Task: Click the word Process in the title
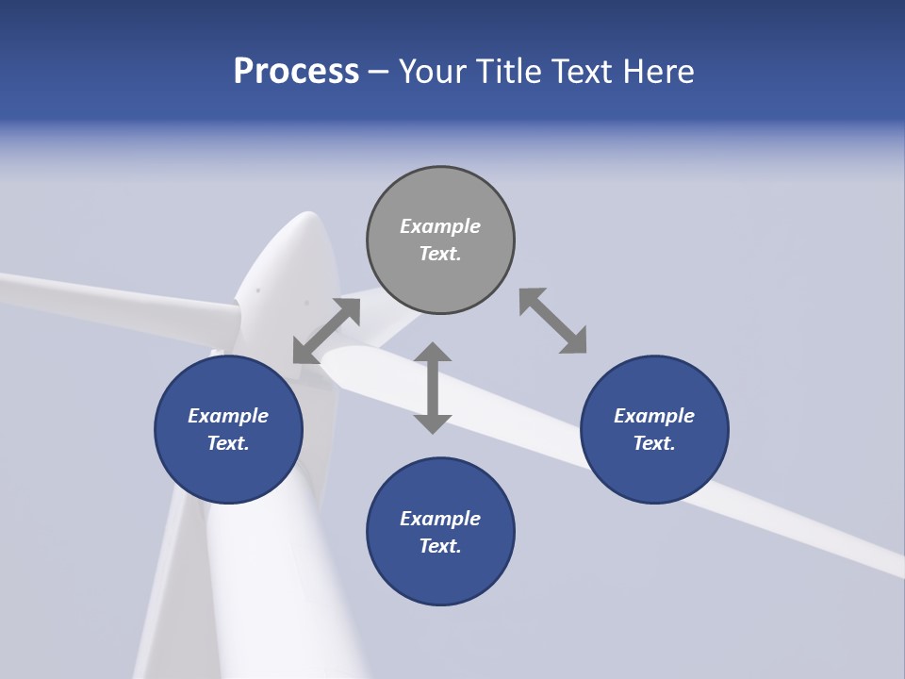[x=296, y=72]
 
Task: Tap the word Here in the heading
[x=659, y=72]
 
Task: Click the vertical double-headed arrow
[x=433, y=388]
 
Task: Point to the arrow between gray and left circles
[x=327, y=330]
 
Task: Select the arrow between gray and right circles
[x=552, y=321]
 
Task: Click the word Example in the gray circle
[x=440, y=226]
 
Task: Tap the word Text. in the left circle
[x=228, y=443]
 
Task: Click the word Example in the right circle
[x=654, y=416]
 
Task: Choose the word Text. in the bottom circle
[x=440, y=546]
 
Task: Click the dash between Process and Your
[x=379, y=72]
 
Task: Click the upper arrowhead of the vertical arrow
[x=433, y=354]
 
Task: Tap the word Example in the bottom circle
[x=440, y=519]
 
